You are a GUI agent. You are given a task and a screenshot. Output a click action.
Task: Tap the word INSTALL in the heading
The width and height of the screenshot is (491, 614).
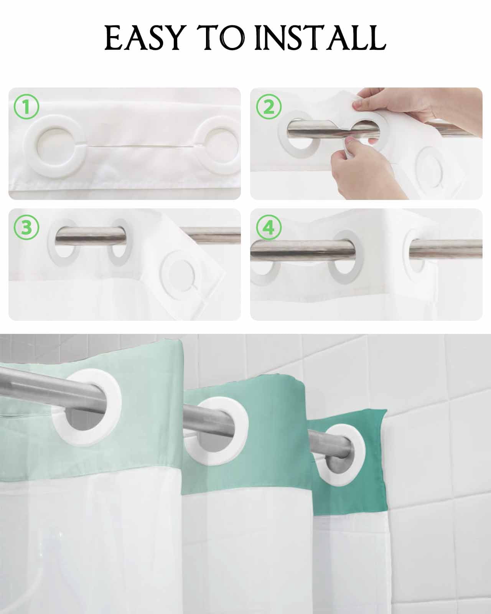click(320, 38)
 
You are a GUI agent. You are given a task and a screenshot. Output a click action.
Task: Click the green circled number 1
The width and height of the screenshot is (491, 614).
click(26, 107)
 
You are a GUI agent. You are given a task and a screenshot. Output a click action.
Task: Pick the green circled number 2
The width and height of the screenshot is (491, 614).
click(269, 107)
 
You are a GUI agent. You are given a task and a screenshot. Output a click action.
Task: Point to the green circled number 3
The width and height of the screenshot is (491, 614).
click(26, 228)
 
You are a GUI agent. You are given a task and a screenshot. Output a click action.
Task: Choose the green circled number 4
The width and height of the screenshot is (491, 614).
click(269, 228)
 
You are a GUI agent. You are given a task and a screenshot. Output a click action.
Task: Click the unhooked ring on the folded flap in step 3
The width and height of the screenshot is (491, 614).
click(165, 274)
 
